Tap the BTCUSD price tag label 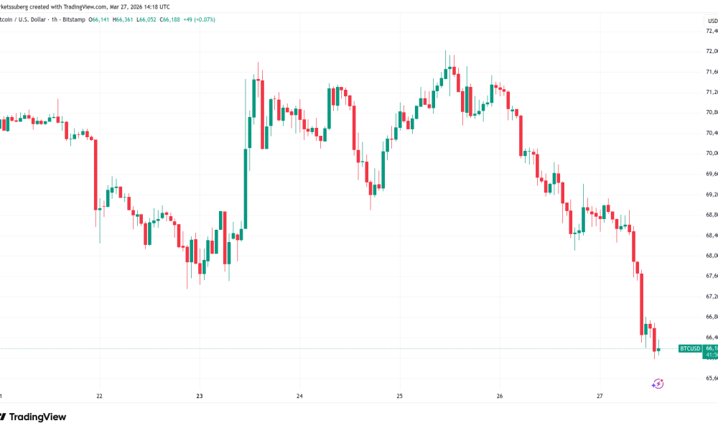(689, 348)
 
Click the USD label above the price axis (712, 21)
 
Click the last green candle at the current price (658, 350)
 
